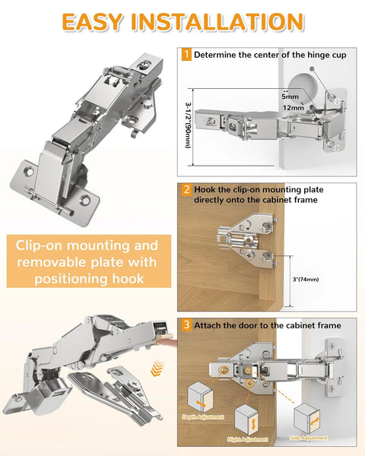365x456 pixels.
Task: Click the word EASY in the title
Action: [91, 21]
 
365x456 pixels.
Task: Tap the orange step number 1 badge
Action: [186, 55]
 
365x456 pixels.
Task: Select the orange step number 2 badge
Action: [186, 188]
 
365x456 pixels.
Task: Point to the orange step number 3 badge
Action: [186, 325]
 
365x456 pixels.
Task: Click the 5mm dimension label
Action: [289, 97]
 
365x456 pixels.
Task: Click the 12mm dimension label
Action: [293, 108]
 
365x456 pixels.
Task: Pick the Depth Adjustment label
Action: [199, 416]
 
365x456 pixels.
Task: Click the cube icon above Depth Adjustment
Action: [199, 397]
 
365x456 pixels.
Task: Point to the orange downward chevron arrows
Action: [157, 369]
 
